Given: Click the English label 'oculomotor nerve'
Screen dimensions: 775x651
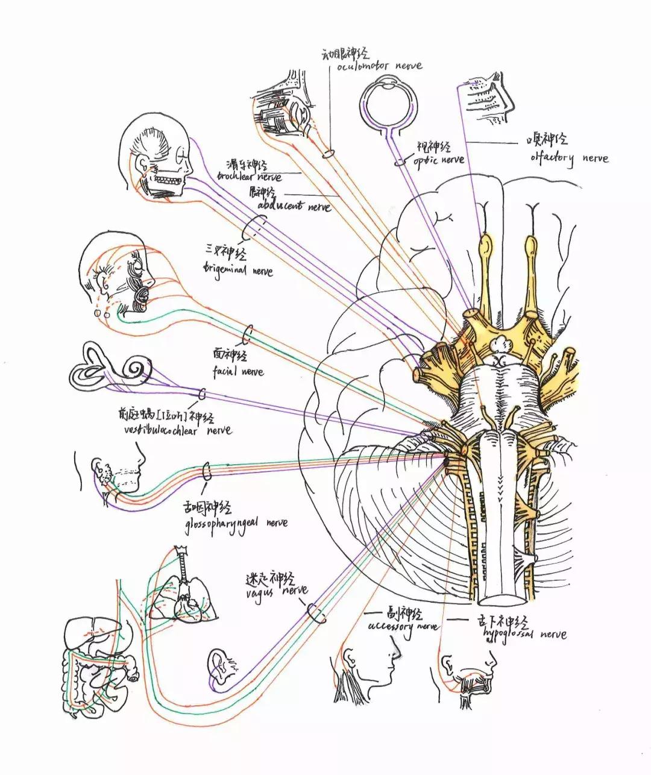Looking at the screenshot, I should (x=379, y=66).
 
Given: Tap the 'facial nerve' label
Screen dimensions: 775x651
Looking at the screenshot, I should (x=237, y=371).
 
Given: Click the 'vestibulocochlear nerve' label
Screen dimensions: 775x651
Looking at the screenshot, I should (x=175, y=430).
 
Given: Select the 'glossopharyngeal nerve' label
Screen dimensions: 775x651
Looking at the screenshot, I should (x=236, y=522).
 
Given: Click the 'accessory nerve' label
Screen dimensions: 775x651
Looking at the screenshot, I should (x=403, y=626).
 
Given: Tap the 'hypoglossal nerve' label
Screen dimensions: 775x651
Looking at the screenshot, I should (x=524, y=634).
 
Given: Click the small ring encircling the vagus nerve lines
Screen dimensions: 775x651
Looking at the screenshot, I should (x=316, y=613).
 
